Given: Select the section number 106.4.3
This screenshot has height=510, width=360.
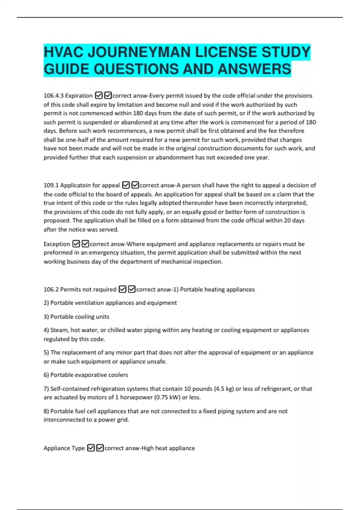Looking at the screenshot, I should click(53, 96).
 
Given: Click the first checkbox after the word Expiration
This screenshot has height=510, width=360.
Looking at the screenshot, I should click(99, 96).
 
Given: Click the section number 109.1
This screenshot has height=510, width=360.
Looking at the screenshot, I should click(51, 185).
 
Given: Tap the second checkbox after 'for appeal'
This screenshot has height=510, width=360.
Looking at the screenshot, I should click(135, 185).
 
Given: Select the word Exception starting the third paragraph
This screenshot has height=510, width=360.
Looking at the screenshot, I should click(57, 244).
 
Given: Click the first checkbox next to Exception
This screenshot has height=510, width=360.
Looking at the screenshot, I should click(76, 244).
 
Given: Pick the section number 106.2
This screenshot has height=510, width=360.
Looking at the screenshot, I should click(51, 289).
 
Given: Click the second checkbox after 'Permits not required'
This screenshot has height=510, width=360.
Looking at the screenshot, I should click(132, 289).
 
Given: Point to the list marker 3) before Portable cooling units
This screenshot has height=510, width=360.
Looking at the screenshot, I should click(46, 317).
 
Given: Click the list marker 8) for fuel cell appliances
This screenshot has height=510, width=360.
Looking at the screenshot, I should click(46, 411).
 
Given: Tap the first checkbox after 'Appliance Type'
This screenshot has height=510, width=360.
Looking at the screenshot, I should click(91, 448).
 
